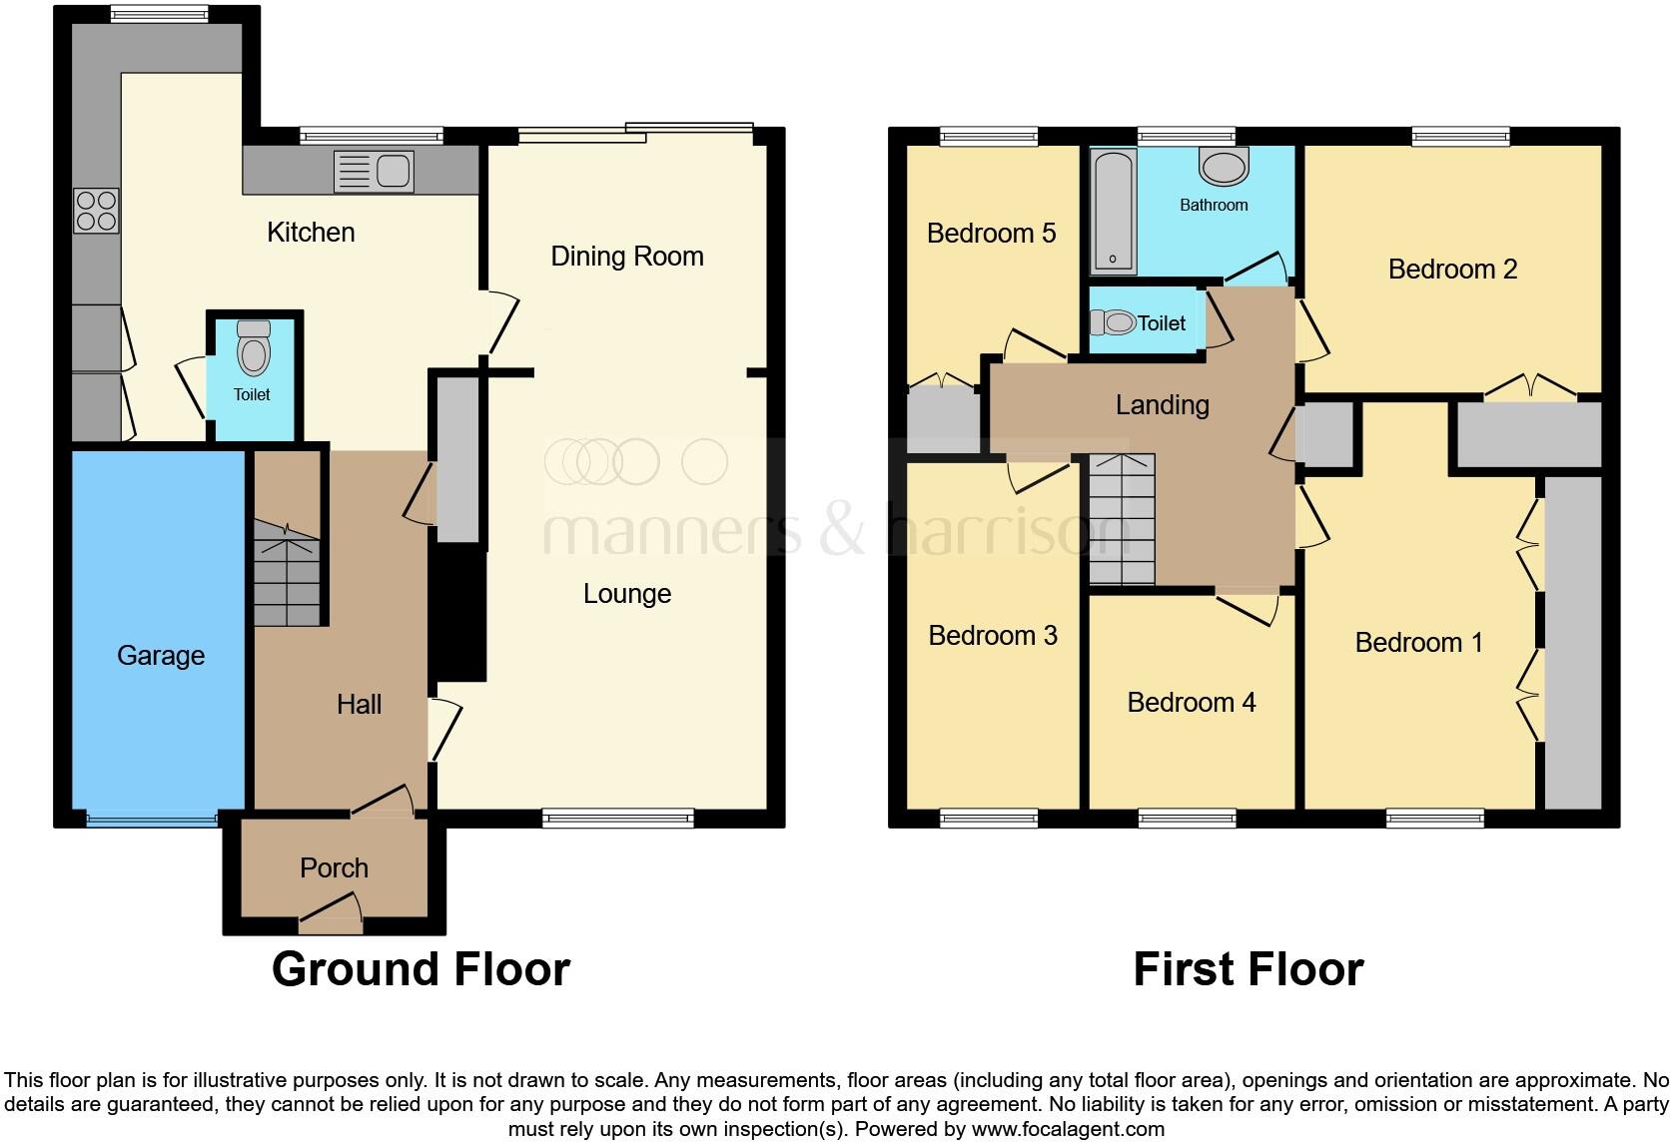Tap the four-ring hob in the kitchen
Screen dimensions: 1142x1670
(x=96, y=211)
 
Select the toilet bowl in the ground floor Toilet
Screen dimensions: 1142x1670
(x=254, y=351)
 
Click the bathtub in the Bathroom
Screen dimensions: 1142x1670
(x=1113, y=211)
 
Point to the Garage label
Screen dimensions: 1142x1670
(x=161, y=656)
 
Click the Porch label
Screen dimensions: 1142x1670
(x=334, y=867)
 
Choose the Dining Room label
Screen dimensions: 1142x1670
(x=626, y=257)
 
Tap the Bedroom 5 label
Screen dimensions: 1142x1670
(x=991, y=234)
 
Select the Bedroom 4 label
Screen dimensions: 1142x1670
(x=1191, y=703)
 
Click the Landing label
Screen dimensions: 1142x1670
(x=1162, y=404)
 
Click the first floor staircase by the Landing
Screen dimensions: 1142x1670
(x=1121, y=519)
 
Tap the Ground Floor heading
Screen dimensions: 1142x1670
(x=420, y=969)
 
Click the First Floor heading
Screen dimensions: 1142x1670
(x=1248, y=969)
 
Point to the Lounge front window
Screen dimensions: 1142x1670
(x=617, y=819)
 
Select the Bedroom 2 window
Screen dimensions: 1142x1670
(x=1460, y=137)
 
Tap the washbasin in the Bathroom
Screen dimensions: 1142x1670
(x=1225, y=167)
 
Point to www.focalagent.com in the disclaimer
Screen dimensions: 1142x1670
(x=1068, y=1130)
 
